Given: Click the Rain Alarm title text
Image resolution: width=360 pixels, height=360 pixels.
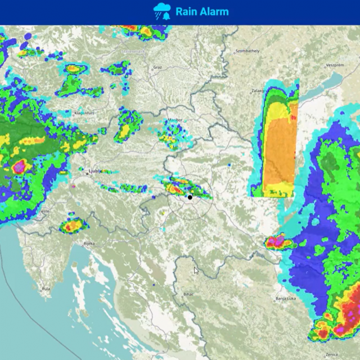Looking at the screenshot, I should click(202, 11).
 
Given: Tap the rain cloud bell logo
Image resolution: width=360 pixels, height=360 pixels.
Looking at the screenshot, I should click(162, 11).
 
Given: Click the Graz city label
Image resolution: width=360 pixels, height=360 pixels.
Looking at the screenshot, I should click(157, 67).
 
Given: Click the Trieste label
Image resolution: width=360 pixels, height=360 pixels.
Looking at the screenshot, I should click(43, 212).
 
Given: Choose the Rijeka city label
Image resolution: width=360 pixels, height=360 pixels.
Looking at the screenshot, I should click(89, 244).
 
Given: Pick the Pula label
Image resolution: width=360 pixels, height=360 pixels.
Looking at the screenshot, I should click(46, 290).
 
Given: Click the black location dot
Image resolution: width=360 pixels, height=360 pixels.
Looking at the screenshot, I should click(190, 197).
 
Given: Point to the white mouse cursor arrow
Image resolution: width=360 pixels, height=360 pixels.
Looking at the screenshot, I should click(196, 270).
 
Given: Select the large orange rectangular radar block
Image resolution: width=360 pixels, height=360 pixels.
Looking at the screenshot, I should click(280, 149).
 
